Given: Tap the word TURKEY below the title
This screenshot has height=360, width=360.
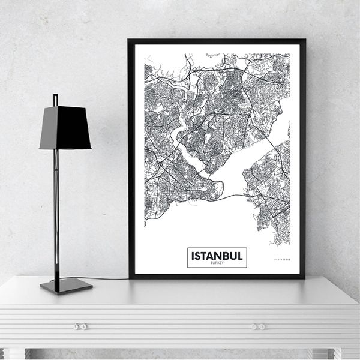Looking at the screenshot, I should click(217, 263).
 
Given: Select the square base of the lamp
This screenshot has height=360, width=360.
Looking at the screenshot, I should click(66, 286).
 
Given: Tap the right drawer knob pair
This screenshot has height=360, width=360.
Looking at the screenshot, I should click(259, 326).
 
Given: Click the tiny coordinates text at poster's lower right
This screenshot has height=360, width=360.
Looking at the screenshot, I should click(278, 258).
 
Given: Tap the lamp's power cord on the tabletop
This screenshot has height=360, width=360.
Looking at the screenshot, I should click(111, 278).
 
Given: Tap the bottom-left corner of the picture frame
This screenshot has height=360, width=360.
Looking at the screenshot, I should click(130, 278).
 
